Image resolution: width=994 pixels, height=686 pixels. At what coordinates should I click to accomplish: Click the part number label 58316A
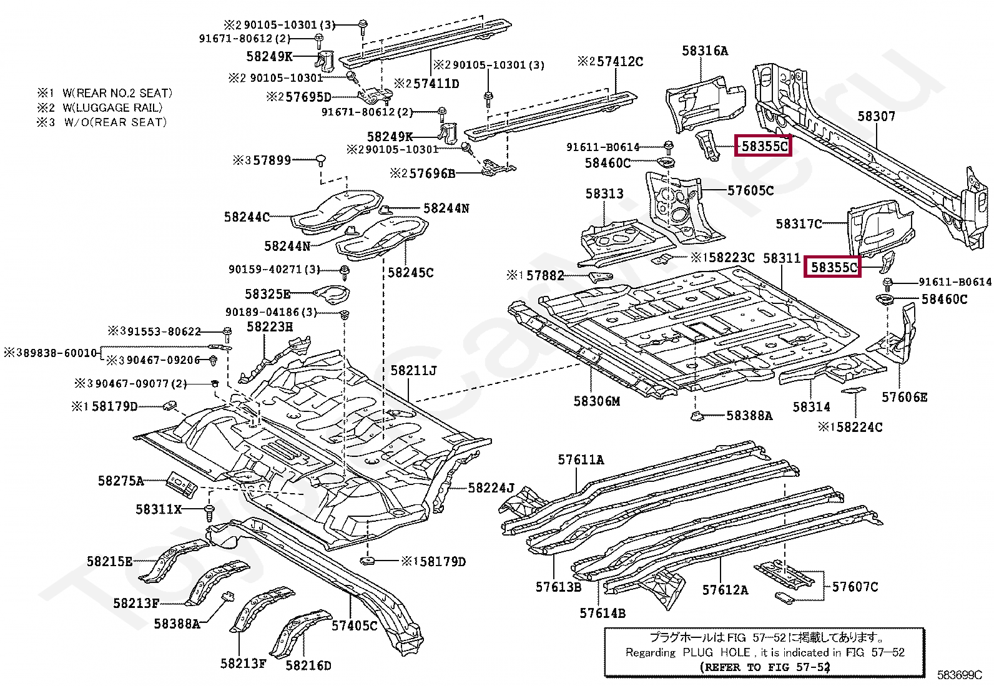pyautogui.click(x=705, y=51)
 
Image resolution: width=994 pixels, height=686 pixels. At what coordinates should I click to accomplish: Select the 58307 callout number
pyautogui.click(x=876, y=116)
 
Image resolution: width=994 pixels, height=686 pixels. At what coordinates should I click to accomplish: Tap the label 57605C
pyautogui.click(x=750, y=191)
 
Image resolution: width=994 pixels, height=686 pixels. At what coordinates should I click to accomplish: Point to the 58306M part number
pyautogui.click(x=596, y=401)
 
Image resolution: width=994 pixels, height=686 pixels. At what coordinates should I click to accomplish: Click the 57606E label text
pyautogui.click(x=904, y=397)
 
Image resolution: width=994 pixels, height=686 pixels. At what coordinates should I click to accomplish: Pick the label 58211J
pyautogui.click(x=413, y=371)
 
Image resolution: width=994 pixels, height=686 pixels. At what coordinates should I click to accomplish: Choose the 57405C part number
pyautogui.click(x=355, y=625)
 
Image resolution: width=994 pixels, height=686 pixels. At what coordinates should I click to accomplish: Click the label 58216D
pyautogui.click(x=308, y=665)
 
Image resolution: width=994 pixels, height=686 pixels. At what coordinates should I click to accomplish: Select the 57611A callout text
pyautogui.click(x=581, y=459)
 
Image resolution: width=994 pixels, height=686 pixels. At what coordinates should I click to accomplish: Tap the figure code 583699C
pyautogui.click(x=960, y=675)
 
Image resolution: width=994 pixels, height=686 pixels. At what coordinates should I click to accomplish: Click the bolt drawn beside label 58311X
pyautogui.click(x=209, y=512)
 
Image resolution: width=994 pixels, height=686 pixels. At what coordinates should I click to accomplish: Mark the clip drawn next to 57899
pyautogui.click(x=320, y=160)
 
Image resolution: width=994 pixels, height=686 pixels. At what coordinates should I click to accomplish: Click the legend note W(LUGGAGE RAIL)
pyautogui.click(x=113, y=108)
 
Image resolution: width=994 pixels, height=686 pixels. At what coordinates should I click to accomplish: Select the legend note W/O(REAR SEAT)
pyautogui.click(x=116, y=122)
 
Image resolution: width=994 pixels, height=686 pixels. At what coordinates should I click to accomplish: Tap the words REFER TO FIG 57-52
pyautogui.click(x=765, y=667)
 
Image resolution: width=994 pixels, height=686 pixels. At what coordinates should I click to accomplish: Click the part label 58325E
pyautogui.click(x=268, y=294)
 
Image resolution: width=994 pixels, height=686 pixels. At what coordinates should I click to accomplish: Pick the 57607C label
pyautogui.click(x=855, y=587)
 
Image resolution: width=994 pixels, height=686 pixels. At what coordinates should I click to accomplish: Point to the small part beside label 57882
pyautogui.click(x=601, y=277)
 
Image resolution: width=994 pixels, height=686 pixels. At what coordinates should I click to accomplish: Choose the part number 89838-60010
pyautogui.click(x=56, y=353)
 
